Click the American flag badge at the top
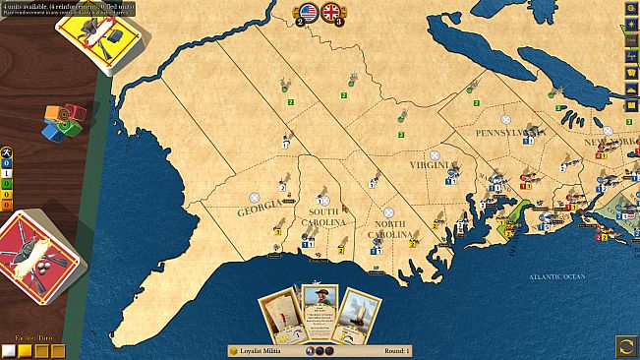(x=309, y=12)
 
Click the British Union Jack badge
(x=331, y=12)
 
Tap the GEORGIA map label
(x=260, y=210)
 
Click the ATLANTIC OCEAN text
(x=557, y=277)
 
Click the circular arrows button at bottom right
(x=626, y=345)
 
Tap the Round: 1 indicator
(x=394, y=350)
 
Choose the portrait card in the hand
(x=320, y=310)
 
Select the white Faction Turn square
(x=9, y=350)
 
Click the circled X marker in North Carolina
(x=388, y=211)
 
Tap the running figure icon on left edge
(x=7, y=154)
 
